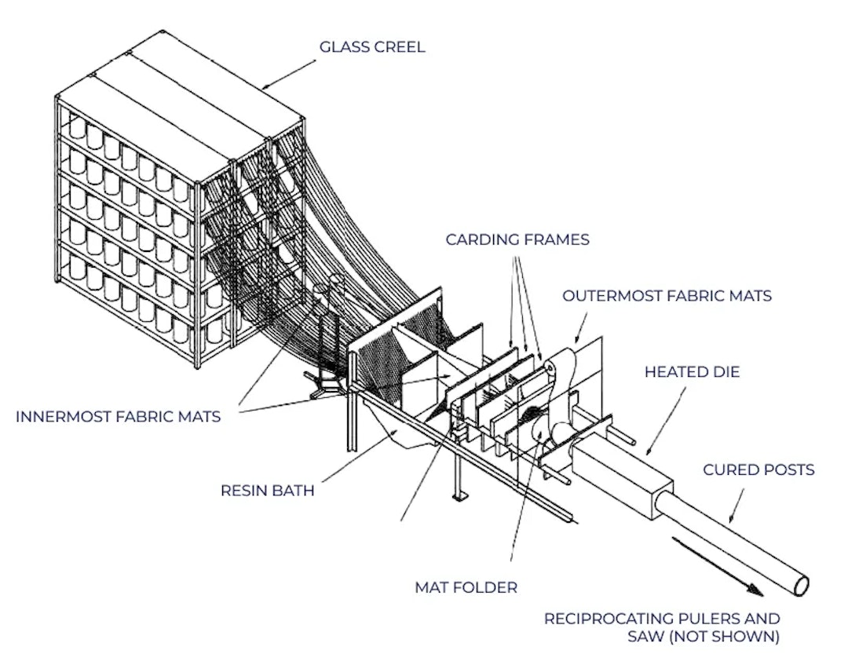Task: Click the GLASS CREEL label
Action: point(371,47)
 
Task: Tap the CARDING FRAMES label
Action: point(517,239)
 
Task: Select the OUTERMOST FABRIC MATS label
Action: point(667,296)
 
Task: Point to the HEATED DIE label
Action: point(692,371)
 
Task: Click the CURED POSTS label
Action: point(758,470)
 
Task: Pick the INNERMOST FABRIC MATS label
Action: point(118,416)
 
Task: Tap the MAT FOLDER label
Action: point(466,586)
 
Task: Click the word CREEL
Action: point(400,47)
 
